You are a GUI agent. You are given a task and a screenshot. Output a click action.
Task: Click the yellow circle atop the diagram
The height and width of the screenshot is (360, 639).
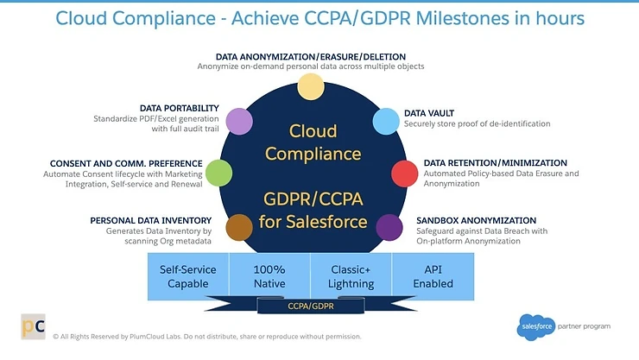pyautogui.click(x=310, y=85)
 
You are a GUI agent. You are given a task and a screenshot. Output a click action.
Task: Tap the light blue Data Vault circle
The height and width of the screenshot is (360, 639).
pyautogui.click(x=385, y=120)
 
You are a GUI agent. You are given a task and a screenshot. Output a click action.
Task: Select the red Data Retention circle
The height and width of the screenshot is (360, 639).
pyautogui.click(x=405, y=173)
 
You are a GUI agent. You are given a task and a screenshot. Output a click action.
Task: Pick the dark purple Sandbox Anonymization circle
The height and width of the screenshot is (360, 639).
pyautogui.click(x=389, y=227)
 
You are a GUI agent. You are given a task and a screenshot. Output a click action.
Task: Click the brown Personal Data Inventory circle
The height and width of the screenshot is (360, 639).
pyautogui.click(x=238, y=228)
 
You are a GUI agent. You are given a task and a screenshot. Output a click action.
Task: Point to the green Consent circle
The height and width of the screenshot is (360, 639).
pyautogui.click(x=219, y=174)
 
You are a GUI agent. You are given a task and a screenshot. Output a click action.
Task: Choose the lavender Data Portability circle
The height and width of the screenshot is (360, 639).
pyautogui.click(x=238, y=121)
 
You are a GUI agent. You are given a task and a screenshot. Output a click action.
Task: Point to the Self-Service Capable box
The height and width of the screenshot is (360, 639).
pyautogui.click(x=188, y=276)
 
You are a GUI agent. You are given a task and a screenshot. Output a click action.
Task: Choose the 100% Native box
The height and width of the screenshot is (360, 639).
pyautogui.click(x=269, y=276)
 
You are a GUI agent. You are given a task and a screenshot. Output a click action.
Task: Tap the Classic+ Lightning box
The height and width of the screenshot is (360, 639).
pyautogui.click(x=351, y=276)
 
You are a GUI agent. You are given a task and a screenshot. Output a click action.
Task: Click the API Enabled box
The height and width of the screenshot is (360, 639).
pyautogui.click(x=433, y=276)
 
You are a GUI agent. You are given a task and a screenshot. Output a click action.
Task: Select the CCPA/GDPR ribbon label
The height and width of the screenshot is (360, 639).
pyautogui.click(x=310, y=305)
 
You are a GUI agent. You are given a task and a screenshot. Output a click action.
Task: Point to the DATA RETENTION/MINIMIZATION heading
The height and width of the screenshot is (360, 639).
pyautogui.click(x=495, y=162)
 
